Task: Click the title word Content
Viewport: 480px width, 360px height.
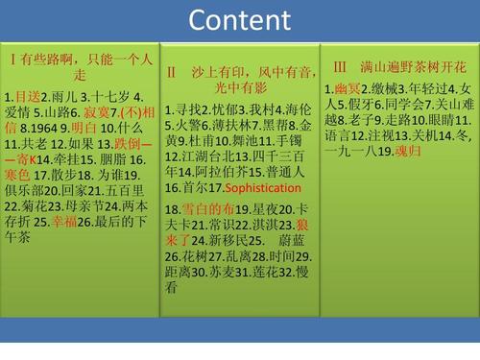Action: [x=240, y=20]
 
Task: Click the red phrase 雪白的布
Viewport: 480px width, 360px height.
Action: [x=210, y=208]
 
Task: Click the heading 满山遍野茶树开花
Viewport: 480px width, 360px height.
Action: [x=413, y=67]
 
